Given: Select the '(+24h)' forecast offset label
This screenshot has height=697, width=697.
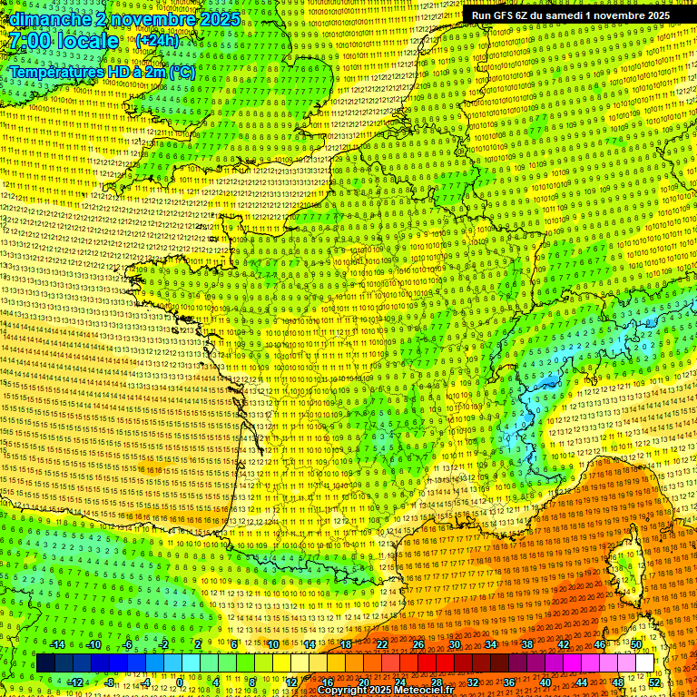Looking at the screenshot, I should (x=157, y=41).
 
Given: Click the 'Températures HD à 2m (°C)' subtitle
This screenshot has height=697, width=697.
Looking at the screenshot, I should (x=102, y=71).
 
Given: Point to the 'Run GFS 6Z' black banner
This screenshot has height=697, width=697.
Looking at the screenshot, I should (x=571, y=15).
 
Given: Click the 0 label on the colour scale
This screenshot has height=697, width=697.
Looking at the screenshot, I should (x=180, y=682).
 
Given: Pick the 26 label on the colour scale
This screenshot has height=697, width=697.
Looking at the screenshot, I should (x=418, y=644).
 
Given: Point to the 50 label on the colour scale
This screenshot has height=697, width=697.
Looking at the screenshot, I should (x=636, y=644).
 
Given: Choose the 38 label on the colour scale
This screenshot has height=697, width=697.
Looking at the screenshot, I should (x=527, y=644).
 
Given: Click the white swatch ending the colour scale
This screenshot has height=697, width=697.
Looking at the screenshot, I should (x=644, y=663).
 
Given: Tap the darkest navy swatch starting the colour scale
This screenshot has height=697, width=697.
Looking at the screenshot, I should (x=45, y=663).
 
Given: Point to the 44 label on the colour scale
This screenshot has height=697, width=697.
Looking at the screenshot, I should (x=582, y=682).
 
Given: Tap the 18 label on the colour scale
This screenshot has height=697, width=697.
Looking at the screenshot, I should (x=346, y=644).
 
